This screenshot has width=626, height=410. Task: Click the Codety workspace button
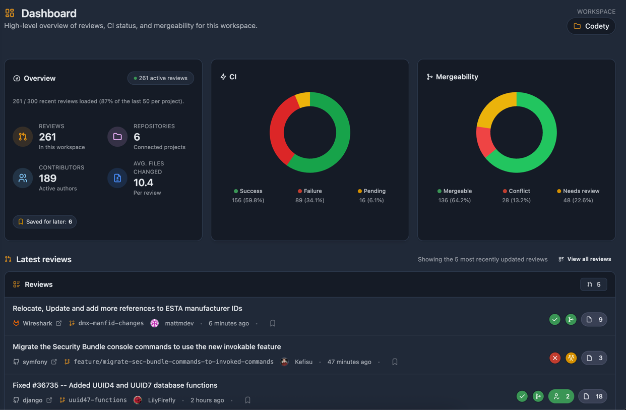coord(591,26)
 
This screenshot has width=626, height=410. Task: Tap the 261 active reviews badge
coord(160,78)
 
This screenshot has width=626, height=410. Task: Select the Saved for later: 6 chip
coord(45,222)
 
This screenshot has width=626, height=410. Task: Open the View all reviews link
coord(585,259)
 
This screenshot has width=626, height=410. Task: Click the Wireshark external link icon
coord(59,323)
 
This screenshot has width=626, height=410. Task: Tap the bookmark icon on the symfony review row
coord(395,362)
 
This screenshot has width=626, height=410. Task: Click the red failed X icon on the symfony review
coord(555,358)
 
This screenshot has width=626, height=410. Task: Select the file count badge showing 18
coord(593,396)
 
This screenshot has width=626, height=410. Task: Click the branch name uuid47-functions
coord(97,400)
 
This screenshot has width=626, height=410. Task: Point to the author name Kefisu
coord(303,362)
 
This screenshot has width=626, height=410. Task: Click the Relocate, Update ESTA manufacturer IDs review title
coord(128,308)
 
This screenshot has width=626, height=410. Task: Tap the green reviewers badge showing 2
coord(561,396)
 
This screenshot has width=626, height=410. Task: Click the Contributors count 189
coord(48,178)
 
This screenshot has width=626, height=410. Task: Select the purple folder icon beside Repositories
coord(117,137)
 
